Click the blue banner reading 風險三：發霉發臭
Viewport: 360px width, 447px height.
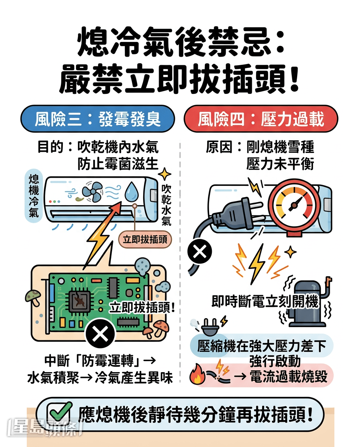(x=97, y=119)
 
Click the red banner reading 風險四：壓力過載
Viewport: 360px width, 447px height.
(x=261, y=119)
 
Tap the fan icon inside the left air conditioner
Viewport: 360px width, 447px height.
(x=92, y=192)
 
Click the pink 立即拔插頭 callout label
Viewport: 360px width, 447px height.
(x=145, y=239)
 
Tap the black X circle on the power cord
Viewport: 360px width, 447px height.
(x=200, y=252)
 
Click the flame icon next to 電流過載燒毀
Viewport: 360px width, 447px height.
(x=197, y=374)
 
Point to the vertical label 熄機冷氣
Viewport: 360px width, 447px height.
(x=34, y=196)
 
